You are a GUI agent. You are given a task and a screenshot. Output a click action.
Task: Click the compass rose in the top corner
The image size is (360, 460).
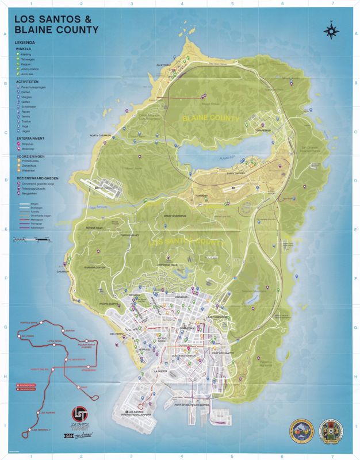(331, 30)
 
